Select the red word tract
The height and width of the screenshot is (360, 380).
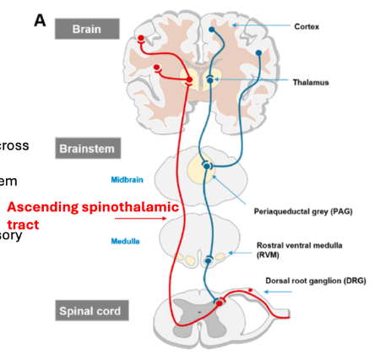tap(22, 226)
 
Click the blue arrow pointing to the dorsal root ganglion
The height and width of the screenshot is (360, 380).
tap(275, 293)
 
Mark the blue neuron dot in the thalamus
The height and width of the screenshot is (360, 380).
tap(209, 79)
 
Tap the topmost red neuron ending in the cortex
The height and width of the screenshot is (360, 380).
tap(142, 39)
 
